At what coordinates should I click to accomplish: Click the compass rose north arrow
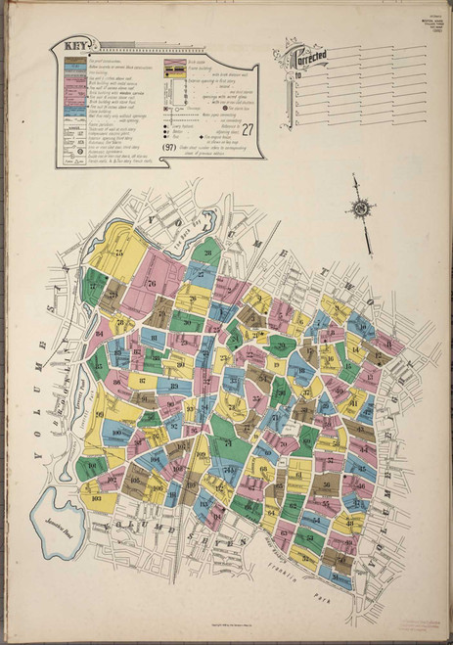pyautogui.click(x=361, y=207)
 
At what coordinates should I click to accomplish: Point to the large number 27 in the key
pyautogui.click(x=249, y=126)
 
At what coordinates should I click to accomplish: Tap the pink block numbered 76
pyautogui.click(x=151, y=283)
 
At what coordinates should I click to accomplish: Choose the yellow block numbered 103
pyautogui.click(x=96, y=498)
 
